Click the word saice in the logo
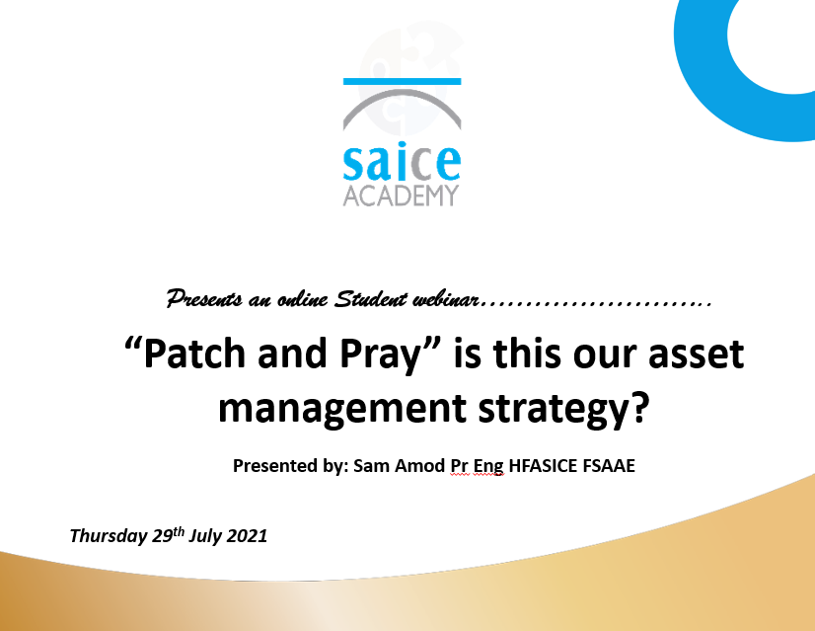tap(402, 161)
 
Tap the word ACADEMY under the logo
tap(401, 196)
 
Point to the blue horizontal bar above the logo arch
tap(402, 81)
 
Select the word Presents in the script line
tap(204, 299)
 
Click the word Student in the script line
tap(370, 298)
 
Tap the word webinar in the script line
tap(445, 299)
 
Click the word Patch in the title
tap(193, 354)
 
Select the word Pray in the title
tap(380, 355)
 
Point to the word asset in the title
tap(696, 355)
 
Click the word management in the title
tap(341, 410)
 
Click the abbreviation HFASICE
tap(543, 465)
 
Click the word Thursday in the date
tap(109, 536)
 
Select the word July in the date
tap(205, 536)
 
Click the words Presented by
tap(290, 465)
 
